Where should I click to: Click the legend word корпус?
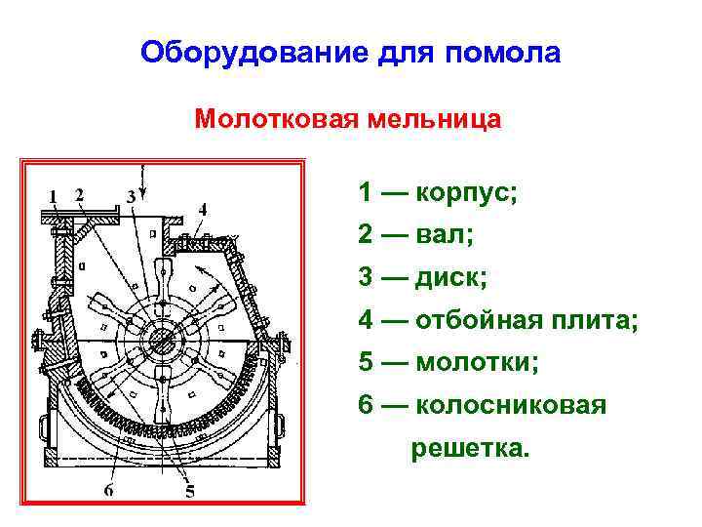tap(466, 192)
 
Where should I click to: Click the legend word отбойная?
tap(484, 319)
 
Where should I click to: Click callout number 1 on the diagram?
tap(53, 195)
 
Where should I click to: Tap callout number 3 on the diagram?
tap(131, 196)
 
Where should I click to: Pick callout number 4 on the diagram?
tap(202, 208)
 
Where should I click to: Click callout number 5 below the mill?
tap(189, 490)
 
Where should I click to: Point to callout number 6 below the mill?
tap(109, 490)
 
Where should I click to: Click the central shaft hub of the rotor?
tap(161, 341)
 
